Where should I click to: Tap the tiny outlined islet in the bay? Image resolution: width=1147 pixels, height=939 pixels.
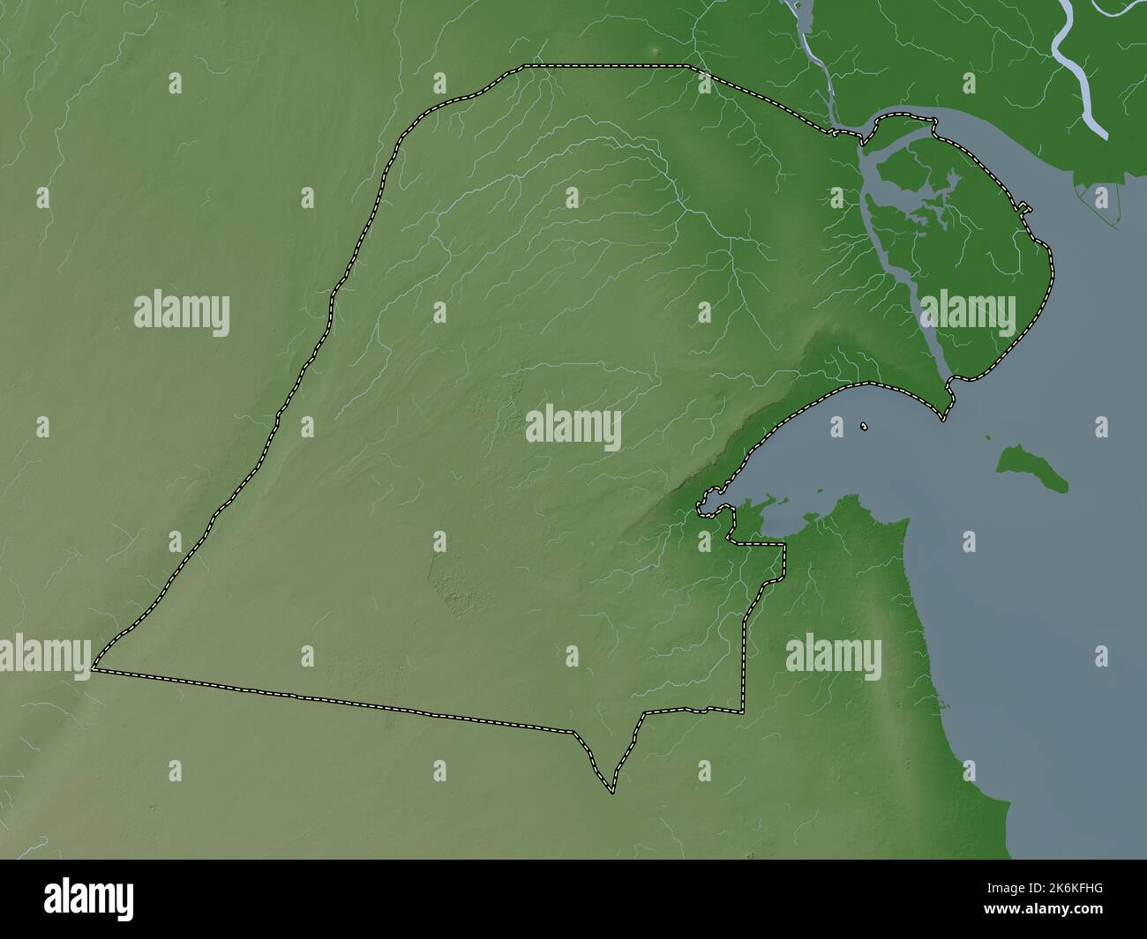[x=865, y=427]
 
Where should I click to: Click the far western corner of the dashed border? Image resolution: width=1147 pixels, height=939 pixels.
[x=94, y=669]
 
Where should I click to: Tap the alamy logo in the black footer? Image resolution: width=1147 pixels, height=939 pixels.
[x=89, y=899]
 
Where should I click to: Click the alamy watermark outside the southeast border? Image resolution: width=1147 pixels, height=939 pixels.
[x=833, y=656]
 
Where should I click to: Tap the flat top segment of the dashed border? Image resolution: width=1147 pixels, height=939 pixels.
[x=609, y=65]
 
